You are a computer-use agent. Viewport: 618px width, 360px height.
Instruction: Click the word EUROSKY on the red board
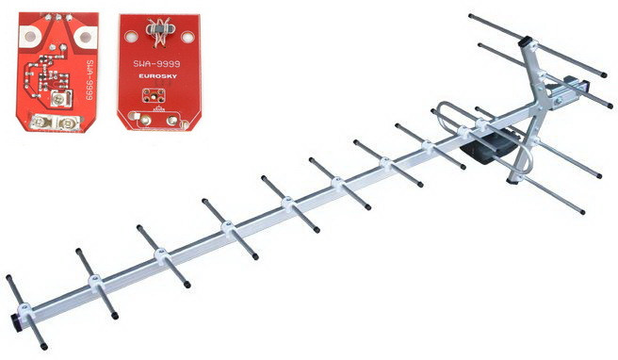coord(157,76)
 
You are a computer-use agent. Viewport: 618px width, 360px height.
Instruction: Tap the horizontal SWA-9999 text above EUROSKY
coord(156,64)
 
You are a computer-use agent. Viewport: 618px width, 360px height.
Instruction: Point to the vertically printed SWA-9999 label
coord(89,79)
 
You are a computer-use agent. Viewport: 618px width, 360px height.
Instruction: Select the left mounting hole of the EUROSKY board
coord(130,37)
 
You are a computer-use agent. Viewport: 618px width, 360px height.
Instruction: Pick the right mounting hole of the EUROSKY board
coord(187,37)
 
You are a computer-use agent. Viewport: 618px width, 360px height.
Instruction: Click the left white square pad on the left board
coord(30,37)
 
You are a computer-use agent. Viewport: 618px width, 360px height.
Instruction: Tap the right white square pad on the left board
coord(85,37)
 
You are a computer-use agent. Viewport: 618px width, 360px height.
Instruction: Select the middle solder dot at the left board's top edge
coord(58,17)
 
